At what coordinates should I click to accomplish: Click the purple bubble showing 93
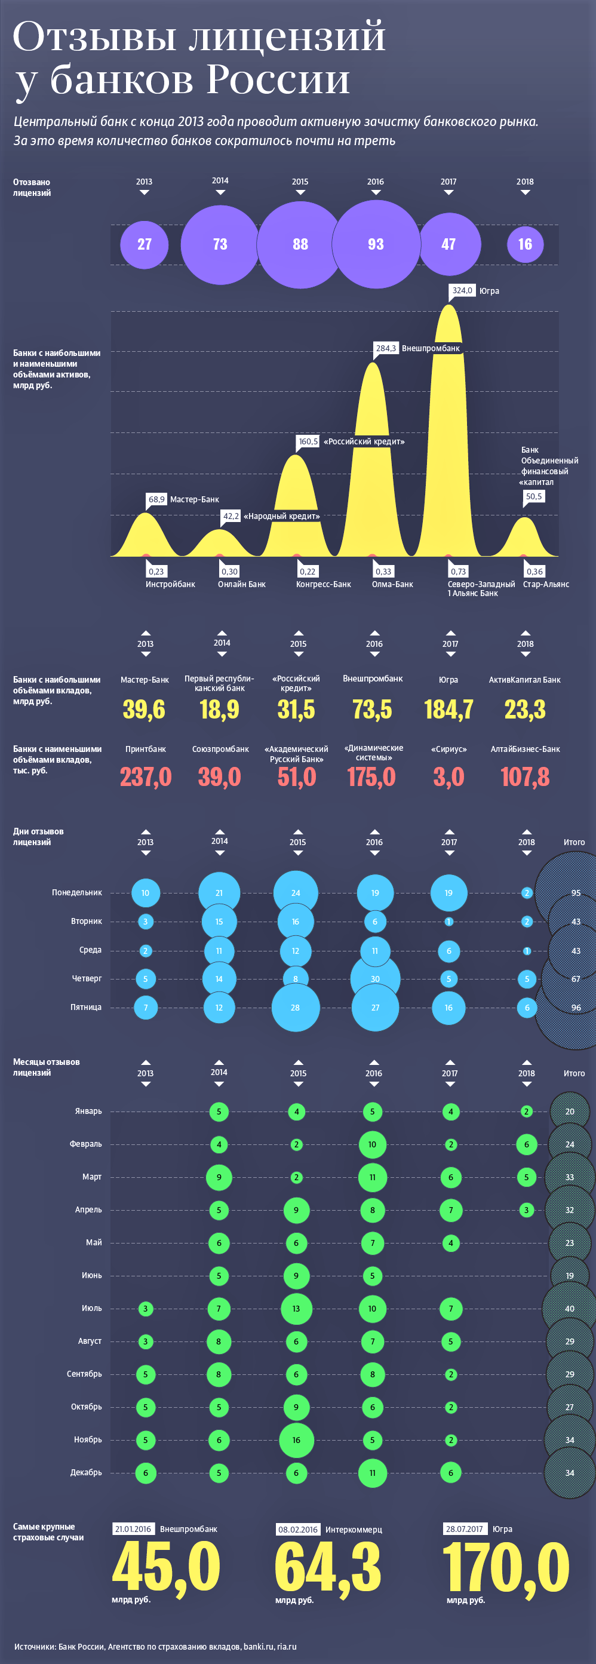click(376, 244)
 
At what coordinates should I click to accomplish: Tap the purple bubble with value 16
click(525, 244)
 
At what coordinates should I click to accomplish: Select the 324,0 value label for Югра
click(462, 291)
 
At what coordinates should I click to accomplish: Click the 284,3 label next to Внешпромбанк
click(386, 348)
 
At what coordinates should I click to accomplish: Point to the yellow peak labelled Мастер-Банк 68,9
click(146, 533)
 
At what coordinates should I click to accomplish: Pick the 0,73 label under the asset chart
click(459, 572)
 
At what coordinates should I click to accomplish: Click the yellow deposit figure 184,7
click(448, 710)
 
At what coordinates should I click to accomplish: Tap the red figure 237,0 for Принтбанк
click(146, 776)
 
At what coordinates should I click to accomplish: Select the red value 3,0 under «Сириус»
click(448, 776)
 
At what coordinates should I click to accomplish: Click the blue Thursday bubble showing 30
click(375, 979)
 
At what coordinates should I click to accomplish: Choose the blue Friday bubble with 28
click(296, 1008)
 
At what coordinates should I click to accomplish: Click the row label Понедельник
click(77, 893)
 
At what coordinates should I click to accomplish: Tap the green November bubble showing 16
click(296, 1440)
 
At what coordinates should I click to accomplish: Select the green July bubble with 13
click(296, 1309)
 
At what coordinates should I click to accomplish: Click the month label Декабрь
click(86, 1473)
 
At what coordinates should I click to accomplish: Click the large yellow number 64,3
click(328, 1568)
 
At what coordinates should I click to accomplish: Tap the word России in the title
click(279, 79)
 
